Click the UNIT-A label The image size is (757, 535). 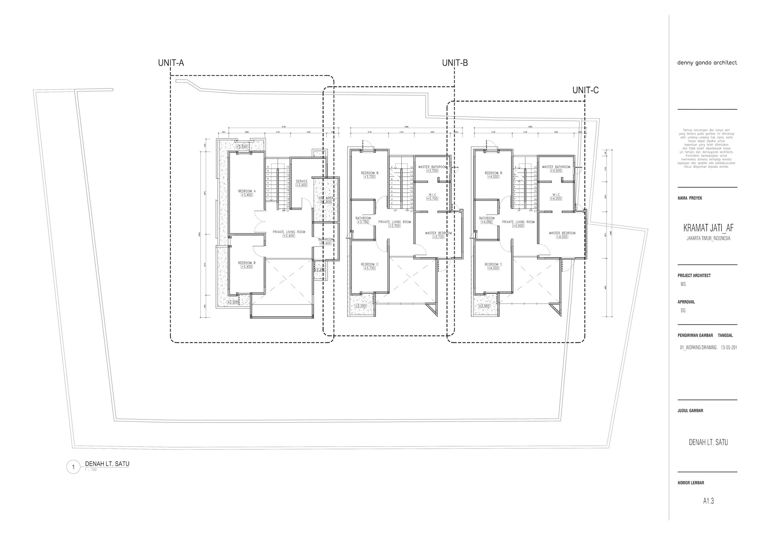click(171, 63)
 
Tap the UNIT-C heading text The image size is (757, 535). click(585, 90)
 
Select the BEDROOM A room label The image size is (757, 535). click(247, 191)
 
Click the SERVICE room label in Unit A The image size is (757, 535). click(301, 181)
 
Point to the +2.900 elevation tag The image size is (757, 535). click(233, 302)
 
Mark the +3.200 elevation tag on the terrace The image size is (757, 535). click(361, 306)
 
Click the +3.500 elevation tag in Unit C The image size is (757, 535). click(484, 306)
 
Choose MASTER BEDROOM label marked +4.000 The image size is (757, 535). click(562, 233)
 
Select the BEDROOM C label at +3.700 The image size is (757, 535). click(370, 264)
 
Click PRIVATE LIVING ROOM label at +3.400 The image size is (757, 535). click(289, 232)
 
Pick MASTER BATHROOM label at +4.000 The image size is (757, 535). click(556, 167)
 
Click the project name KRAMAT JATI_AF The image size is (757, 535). click(708, 228)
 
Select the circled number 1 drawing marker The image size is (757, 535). click(73, 467)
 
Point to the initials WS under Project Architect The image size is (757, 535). click(683, 284)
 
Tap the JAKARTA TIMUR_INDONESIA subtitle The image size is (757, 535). click(708, 238)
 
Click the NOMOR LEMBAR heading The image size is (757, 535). click(691, 483)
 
